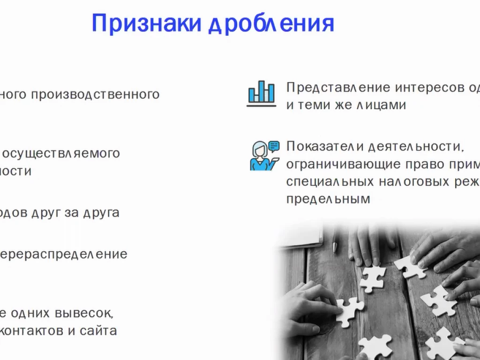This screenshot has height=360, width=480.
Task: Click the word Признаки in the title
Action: (147, 23)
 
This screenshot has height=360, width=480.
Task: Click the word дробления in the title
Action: (271, 24)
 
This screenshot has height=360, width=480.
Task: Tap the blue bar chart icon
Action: (262, 94)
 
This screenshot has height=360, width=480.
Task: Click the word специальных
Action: (330, 182)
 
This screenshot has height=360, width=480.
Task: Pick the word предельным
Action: (328, 199)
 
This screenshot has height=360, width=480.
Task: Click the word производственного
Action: (95, 95)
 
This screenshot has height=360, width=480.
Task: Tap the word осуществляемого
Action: (63, 154)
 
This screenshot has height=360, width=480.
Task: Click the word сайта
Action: (98, 331)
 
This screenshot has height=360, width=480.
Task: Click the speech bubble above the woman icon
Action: (274, 146)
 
